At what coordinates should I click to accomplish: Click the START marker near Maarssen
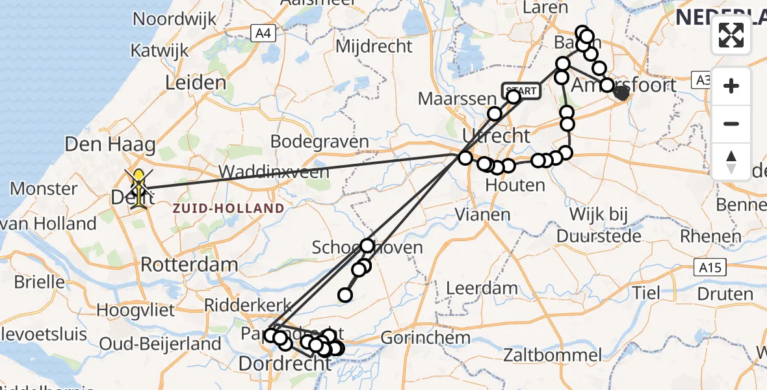pyautogui.click(x=521, y=91)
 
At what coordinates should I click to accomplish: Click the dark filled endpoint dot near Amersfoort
pyautogui.click(x=621, y=93)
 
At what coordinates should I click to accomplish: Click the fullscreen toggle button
pyautogui.click(x=731, y=35)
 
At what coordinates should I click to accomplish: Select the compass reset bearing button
pyautogui.click(x=731, y=161)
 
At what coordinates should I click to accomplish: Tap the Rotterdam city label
pyautogui.click(x=189, y=265)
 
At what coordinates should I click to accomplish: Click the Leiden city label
pyautogui.click(x=196, y=83)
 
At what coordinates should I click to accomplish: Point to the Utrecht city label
pyautogui.click(x=496, y=135)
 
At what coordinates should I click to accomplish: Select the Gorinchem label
pyautogui.click(x=425, y=338)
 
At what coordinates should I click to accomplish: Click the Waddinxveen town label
pyautogui.click(x=276, y=172)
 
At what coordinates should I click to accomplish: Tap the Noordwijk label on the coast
pyautogui.click(x=174, y=19)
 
